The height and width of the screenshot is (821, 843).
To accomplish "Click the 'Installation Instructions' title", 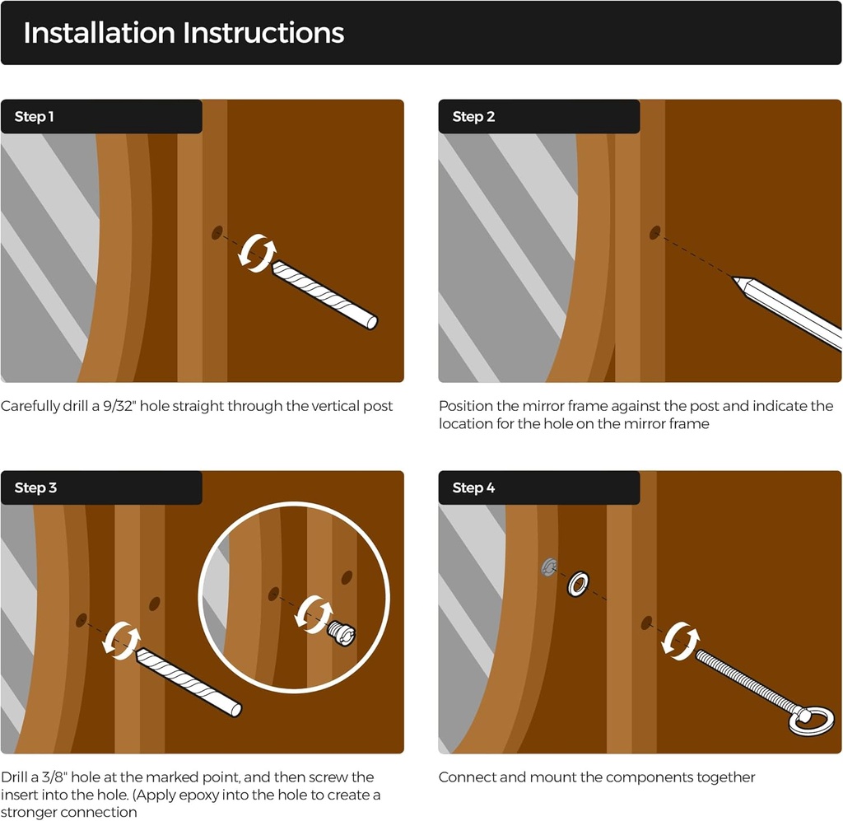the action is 184,33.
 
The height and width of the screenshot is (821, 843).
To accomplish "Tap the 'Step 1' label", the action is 34,117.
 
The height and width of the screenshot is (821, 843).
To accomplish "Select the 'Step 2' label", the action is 473,117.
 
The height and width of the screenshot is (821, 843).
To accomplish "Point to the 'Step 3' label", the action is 35,487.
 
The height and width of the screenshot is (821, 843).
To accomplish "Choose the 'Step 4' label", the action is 473,487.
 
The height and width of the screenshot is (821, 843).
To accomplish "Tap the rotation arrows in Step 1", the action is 258,253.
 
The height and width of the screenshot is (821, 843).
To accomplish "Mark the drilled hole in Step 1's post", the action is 217,233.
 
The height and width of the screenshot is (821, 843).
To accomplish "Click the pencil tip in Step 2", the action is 735,278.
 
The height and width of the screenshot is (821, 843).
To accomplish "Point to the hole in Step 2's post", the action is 654,233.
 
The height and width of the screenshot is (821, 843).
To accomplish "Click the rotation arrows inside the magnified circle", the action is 314,614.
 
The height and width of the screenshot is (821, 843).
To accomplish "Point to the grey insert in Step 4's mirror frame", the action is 548,567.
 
